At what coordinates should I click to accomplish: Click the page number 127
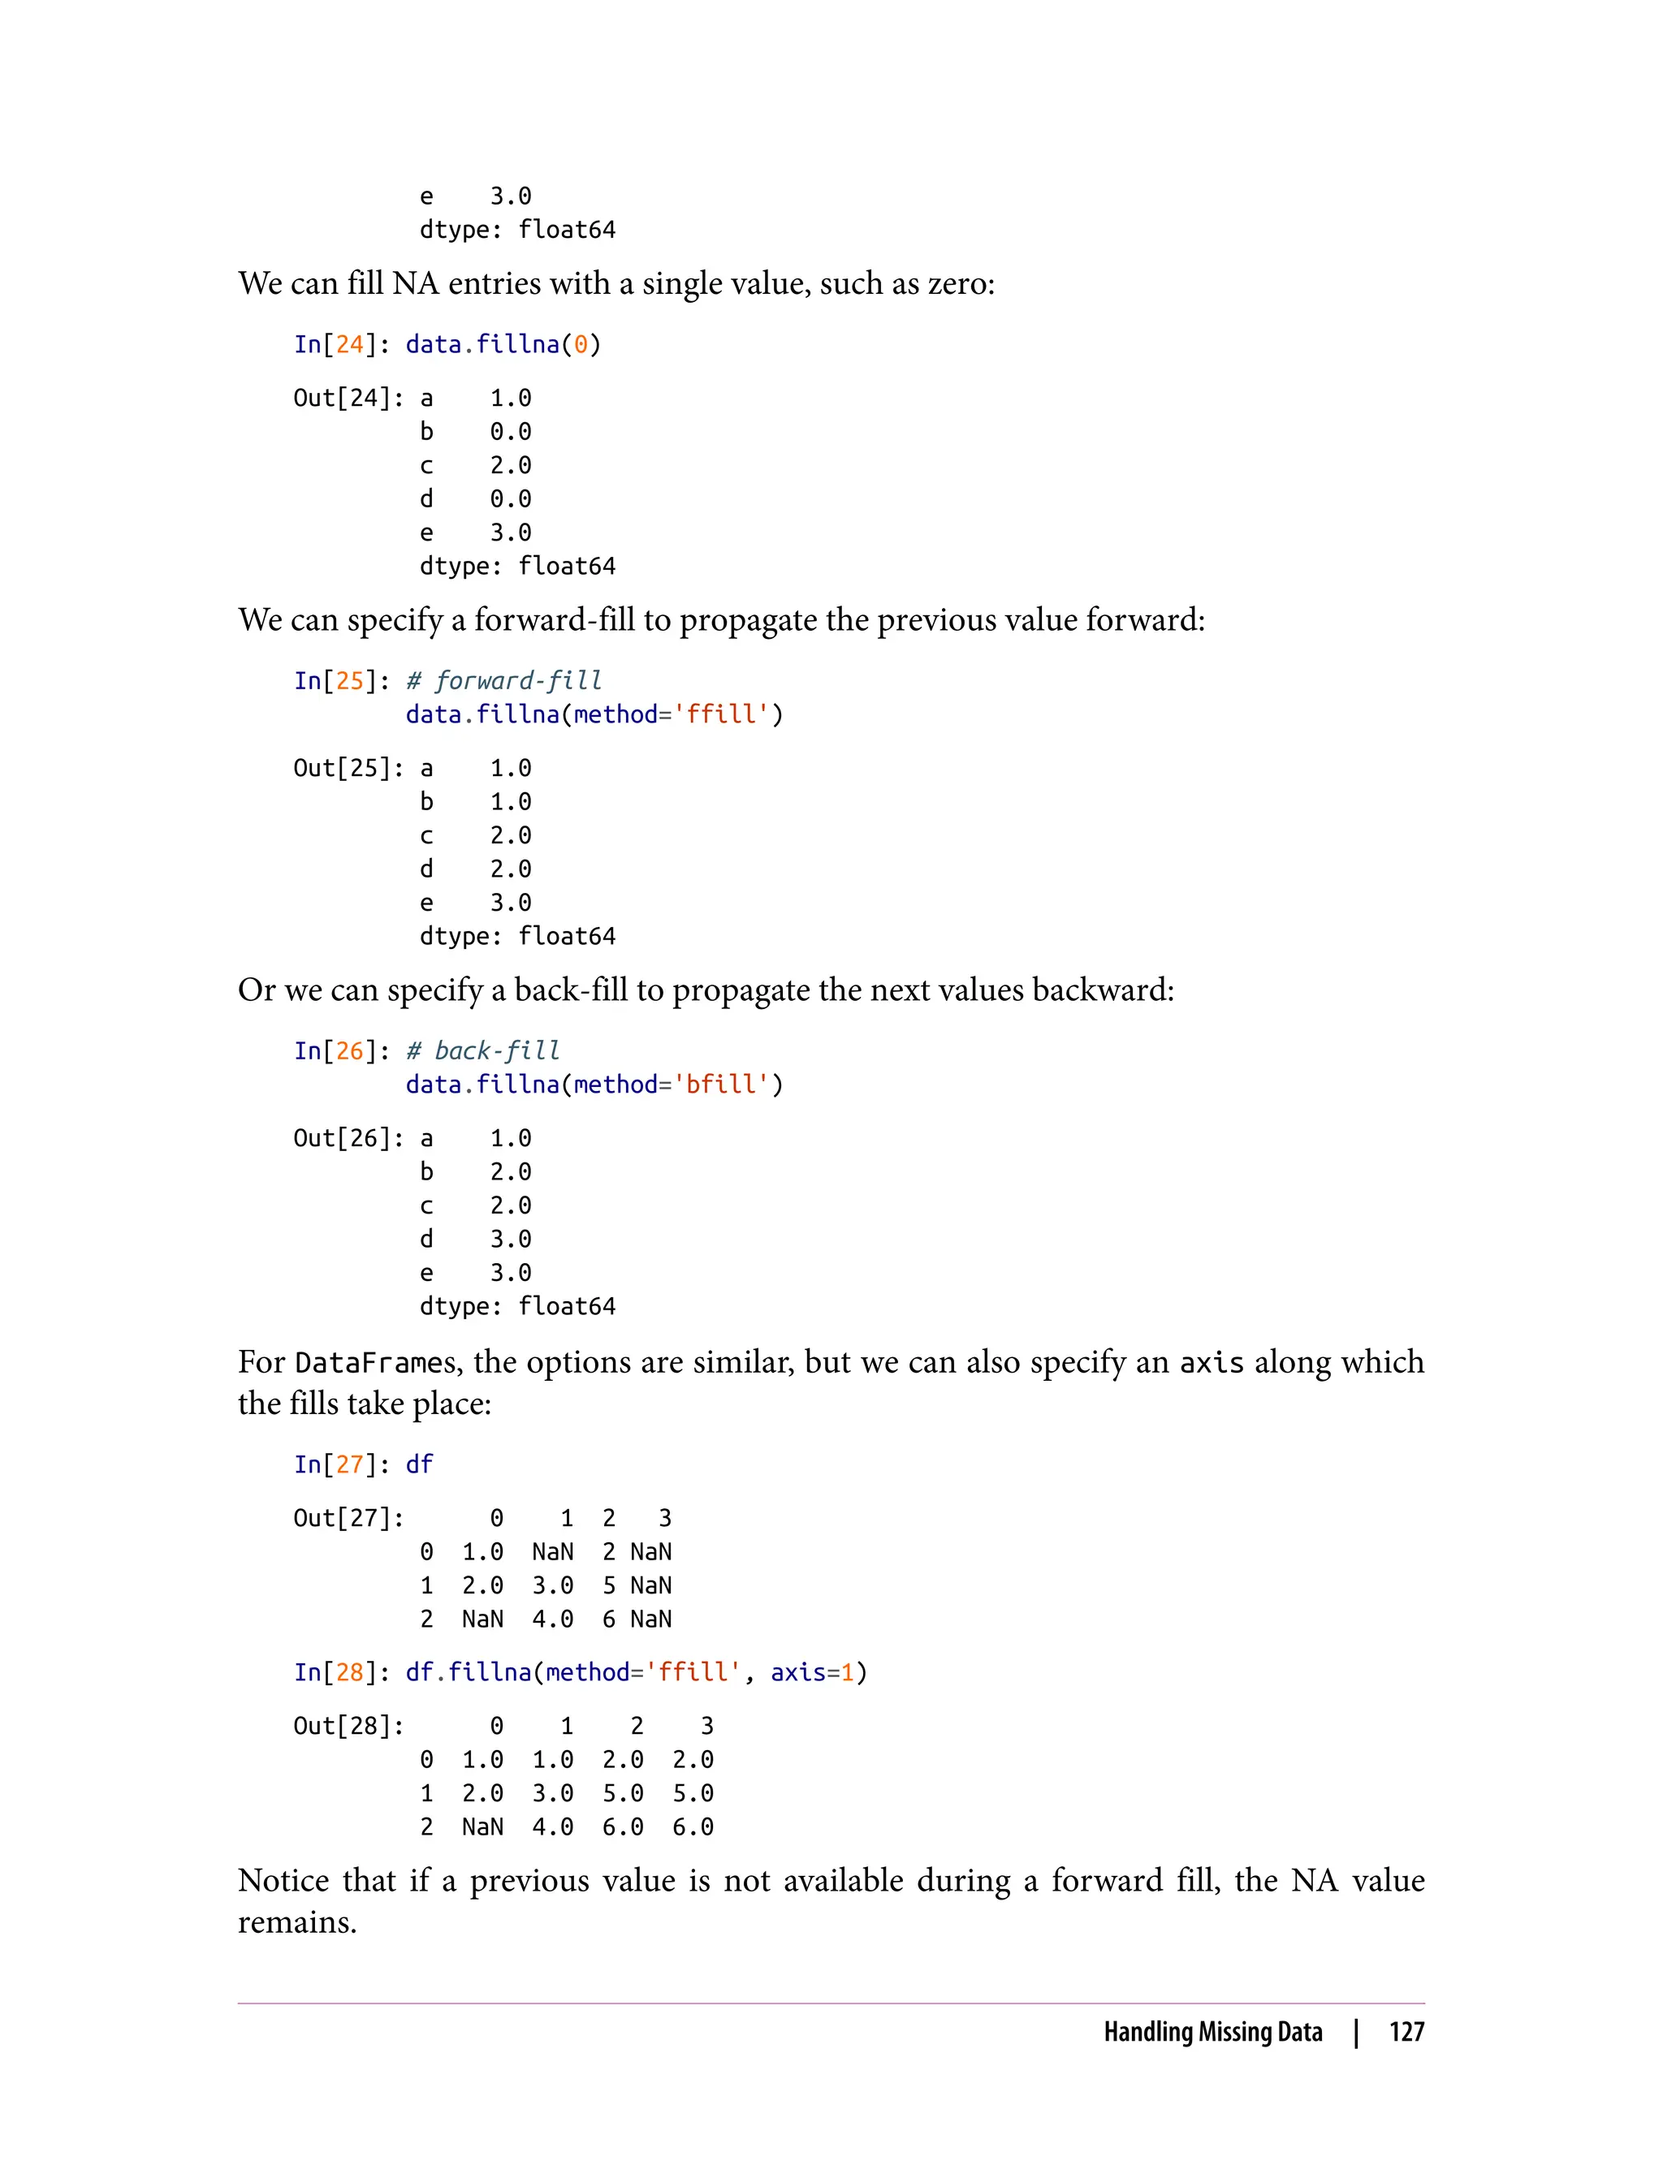(1406, 2032)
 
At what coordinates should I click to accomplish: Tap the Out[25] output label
(343, 768)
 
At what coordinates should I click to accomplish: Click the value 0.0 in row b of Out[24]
(511, 432)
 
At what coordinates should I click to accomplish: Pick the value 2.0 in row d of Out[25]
(511, 869)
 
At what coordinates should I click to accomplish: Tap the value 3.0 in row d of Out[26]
(511, 1239)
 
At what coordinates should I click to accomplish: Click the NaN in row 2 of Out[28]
(482, 1826)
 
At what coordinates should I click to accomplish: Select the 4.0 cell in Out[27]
(552, 1619)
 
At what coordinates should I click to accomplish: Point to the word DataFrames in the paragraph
(375, 1364)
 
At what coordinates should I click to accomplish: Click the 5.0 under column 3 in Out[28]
(693, 1793)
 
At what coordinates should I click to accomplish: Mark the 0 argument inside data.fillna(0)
(581, 344)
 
